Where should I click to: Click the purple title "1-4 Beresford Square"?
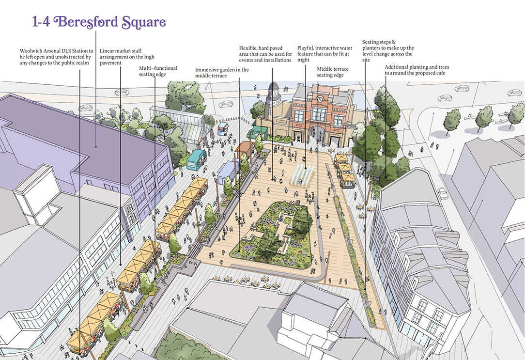pos(99,22)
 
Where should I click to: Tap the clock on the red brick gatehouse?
pos(320,96)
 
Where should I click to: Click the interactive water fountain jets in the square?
pos(302,173)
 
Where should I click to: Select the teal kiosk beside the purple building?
pos(197,158)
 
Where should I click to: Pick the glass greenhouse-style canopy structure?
pos(182,124)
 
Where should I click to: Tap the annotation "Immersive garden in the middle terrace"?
pos(222,73)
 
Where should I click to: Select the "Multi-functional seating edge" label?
pos(158,72)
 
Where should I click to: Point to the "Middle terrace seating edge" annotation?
pos(333,72)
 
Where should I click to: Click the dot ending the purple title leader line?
pos(96,146)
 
